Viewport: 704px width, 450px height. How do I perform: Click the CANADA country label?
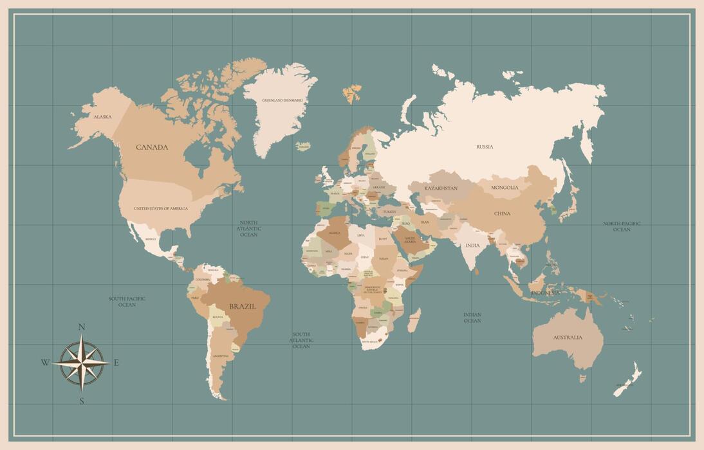(x=152, y=147)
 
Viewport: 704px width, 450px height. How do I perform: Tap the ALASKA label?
(x=102, y=117)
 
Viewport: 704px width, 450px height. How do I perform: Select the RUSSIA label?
(x=485, y=147)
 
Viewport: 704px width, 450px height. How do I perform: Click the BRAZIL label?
(x=243, y=307)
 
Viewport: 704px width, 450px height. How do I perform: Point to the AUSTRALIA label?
(x=568, y=337)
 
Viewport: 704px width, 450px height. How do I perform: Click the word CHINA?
(x=502, y=213)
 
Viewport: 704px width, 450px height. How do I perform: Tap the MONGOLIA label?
(x=505, y=188)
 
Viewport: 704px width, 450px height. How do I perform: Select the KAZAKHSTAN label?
(x=441, y=188)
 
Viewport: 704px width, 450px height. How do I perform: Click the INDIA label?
(x=472, y=246)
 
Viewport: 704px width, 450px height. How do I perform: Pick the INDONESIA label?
(x=545, y=293)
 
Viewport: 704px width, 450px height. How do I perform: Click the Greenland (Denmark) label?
(x=282, y=101)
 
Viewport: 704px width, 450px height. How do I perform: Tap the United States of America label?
(x=161, y=209)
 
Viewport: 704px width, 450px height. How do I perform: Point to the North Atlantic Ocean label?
(x=248, y=229)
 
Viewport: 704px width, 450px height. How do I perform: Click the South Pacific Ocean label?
(x=127, y=301)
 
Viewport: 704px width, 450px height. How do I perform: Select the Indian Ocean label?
(x=472, y=318)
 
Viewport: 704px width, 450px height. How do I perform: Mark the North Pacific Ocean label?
(x=622, y=226)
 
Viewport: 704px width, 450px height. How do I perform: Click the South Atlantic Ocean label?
(x=301, y=340)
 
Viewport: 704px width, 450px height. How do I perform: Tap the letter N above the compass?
(x=82, y=327)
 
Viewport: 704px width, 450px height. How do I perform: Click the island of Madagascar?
(x=414, y=319)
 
